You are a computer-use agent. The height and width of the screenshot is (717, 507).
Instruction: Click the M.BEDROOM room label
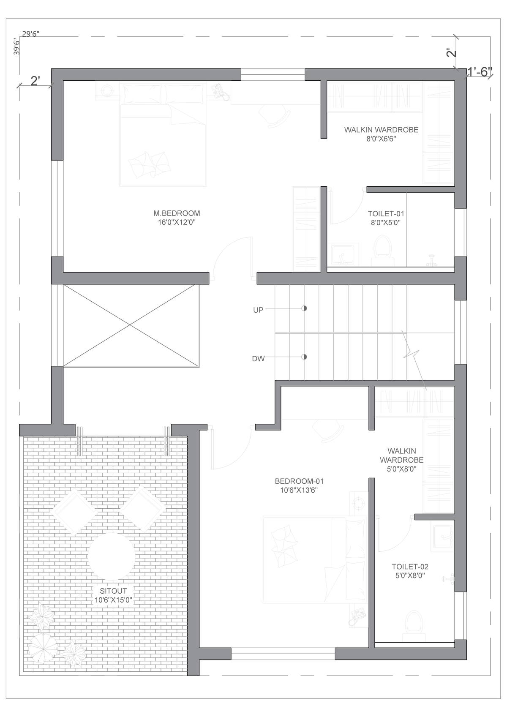[x=177, y=213]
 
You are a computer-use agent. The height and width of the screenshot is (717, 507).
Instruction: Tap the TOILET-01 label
[x=386, y=213]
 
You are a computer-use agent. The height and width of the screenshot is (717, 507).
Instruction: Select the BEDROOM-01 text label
[x=299, y=481]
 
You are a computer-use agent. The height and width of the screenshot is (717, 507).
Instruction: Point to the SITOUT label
[x=113, y=591]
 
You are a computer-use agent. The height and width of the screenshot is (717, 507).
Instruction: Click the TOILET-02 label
[x=410, y=567]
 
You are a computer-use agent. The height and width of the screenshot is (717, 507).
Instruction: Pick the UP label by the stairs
[x=258, y=310]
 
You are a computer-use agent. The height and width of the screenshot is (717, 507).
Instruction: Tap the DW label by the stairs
[x=258, y=359]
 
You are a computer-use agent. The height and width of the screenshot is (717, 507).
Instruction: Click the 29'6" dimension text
[x=31, y=34]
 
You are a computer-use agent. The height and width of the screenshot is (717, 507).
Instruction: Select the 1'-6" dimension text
[x=480, y=72]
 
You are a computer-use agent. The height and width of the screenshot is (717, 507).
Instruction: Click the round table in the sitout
[x=112, y=556]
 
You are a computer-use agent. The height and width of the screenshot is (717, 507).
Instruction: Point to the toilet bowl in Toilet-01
[x=383, y=248]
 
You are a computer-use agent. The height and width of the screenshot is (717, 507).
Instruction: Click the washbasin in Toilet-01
[x=343, y=254]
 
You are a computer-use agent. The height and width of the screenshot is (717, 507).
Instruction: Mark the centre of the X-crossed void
[x=130, y=325]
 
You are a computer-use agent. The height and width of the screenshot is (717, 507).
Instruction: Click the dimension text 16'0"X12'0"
[x=177, y=222]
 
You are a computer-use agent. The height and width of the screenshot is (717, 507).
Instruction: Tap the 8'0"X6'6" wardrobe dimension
[x=381, y=139]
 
